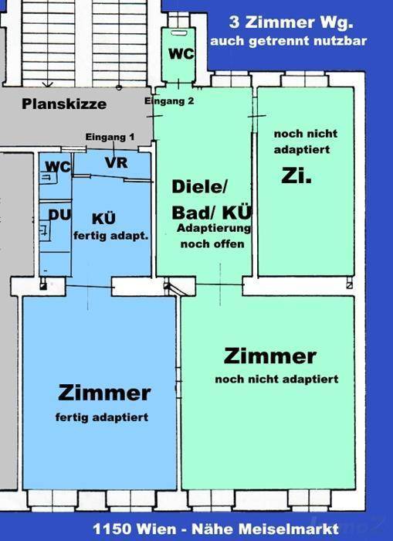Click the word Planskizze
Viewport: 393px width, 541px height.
(64, 104)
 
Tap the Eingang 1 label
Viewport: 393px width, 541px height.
(110, 137)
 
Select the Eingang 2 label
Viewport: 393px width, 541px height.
(169, 101)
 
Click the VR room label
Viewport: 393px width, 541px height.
(116, 163)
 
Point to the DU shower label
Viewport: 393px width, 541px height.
(59, 216)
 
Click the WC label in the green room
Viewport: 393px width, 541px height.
(181, 54)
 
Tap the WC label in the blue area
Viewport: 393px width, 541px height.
(58, 167)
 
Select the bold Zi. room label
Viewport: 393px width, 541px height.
(296, 175)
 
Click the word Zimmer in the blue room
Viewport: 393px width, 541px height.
(104, 393)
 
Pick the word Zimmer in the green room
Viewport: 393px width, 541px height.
(270, 356)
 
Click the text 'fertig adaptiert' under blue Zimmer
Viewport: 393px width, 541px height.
(102, 417)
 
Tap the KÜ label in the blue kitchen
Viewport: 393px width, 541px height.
(103, 219)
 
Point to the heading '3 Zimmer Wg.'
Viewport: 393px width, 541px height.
(291, 22)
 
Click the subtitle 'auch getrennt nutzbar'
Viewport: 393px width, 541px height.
(288, 41)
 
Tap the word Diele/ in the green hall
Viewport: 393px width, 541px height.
(200, 187)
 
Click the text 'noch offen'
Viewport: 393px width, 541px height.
(212, 244)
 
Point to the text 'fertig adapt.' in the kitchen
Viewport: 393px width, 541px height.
(110, 236)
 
